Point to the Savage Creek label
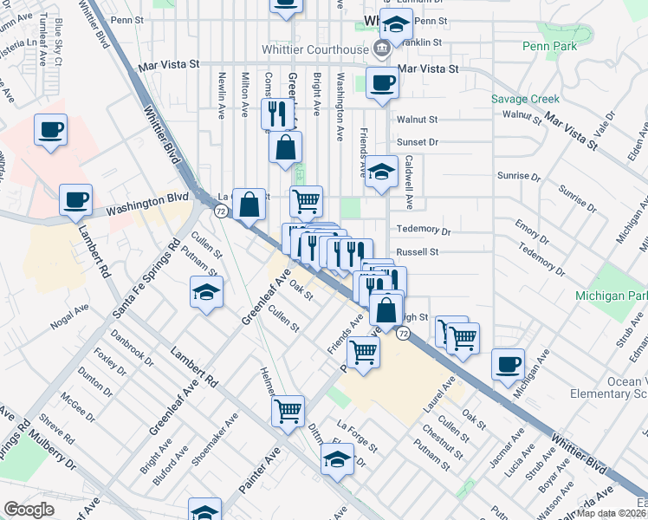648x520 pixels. pyautogui.click(x=526, y=99)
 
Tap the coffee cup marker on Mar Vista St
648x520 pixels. pyautogui.click(x=382, y=83)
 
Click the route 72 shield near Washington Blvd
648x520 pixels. pyautogui.click(x=222, y=211)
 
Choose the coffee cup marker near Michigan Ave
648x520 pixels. pyautogui.click(x=509, y=364)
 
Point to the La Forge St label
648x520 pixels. pyautogui.click(x=357, y=436)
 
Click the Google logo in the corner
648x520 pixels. pyautogui.click(x=29, y=509)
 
